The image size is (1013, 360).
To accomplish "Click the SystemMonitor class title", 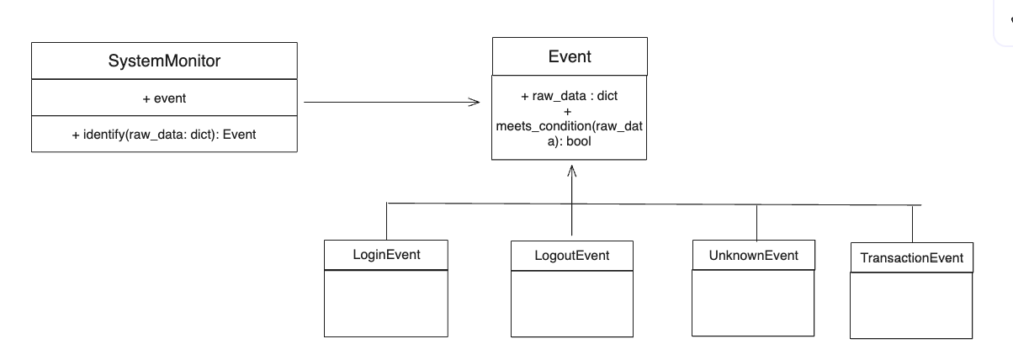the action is click(x=164, y=61).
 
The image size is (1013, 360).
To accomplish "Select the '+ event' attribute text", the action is click(x=164, y=98).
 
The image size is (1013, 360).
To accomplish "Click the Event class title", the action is click(x=570, y=56).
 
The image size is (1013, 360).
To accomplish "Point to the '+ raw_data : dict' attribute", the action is click(x=569, y=96).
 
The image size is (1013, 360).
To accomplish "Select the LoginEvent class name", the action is click(x=386, y=255).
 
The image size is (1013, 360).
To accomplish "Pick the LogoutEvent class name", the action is click(x=571, y=256).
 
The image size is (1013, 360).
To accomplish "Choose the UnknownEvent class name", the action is click(x=753, y=256).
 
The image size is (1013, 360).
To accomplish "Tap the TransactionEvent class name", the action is click(x=912, y=258).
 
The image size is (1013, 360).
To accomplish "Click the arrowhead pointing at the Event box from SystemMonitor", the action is click(x=475, y=103).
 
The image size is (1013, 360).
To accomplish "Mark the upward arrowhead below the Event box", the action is click(x=572, y=171).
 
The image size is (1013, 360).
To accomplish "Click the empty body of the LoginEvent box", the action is click(x=386, y=304).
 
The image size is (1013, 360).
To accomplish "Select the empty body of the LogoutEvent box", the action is click(x=572, y=304).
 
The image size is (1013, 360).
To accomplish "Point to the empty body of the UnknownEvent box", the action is click(x=753, y=303).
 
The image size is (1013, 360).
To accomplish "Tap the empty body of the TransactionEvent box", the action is click(x=911, y=305).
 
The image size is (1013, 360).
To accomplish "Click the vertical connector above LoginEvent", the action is click(x=387, y=221).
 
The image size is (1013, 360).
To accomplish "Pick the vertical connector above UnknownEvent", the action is click(x=756, y=223).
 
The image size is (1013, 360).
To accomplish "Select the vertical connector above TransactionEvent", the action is click(x=912, y=224).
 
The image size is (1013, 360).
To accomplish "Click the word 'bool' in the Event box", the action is click(x=578, y=141).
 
